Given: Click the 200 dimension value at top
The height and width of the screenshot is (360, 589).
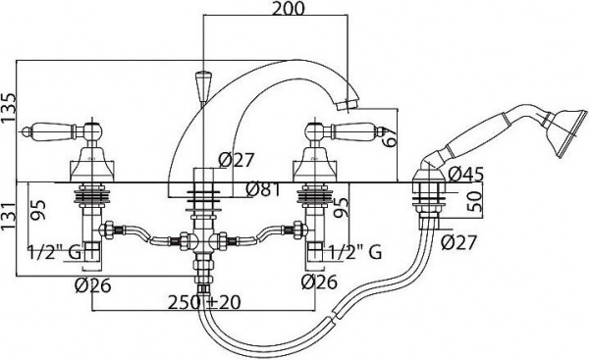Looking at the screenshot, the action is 288,8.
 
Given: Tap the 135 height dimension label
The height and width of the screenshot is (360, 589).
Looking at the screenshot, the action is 9,107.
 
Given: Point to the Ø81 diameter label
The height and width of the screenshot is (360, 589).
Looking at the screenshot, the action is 263,189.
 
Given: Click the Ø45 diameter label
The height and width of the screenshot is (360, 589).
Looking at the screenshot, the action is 465,174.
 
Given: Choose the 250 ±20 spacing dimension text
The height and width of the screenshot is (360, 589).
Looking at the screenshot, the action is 204,302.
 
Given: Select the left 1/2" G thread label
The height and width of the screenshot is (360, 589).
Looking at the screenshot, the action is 55,252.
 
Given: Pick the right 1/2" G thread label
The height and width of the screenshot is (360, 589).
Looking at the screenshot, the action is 355,252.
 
